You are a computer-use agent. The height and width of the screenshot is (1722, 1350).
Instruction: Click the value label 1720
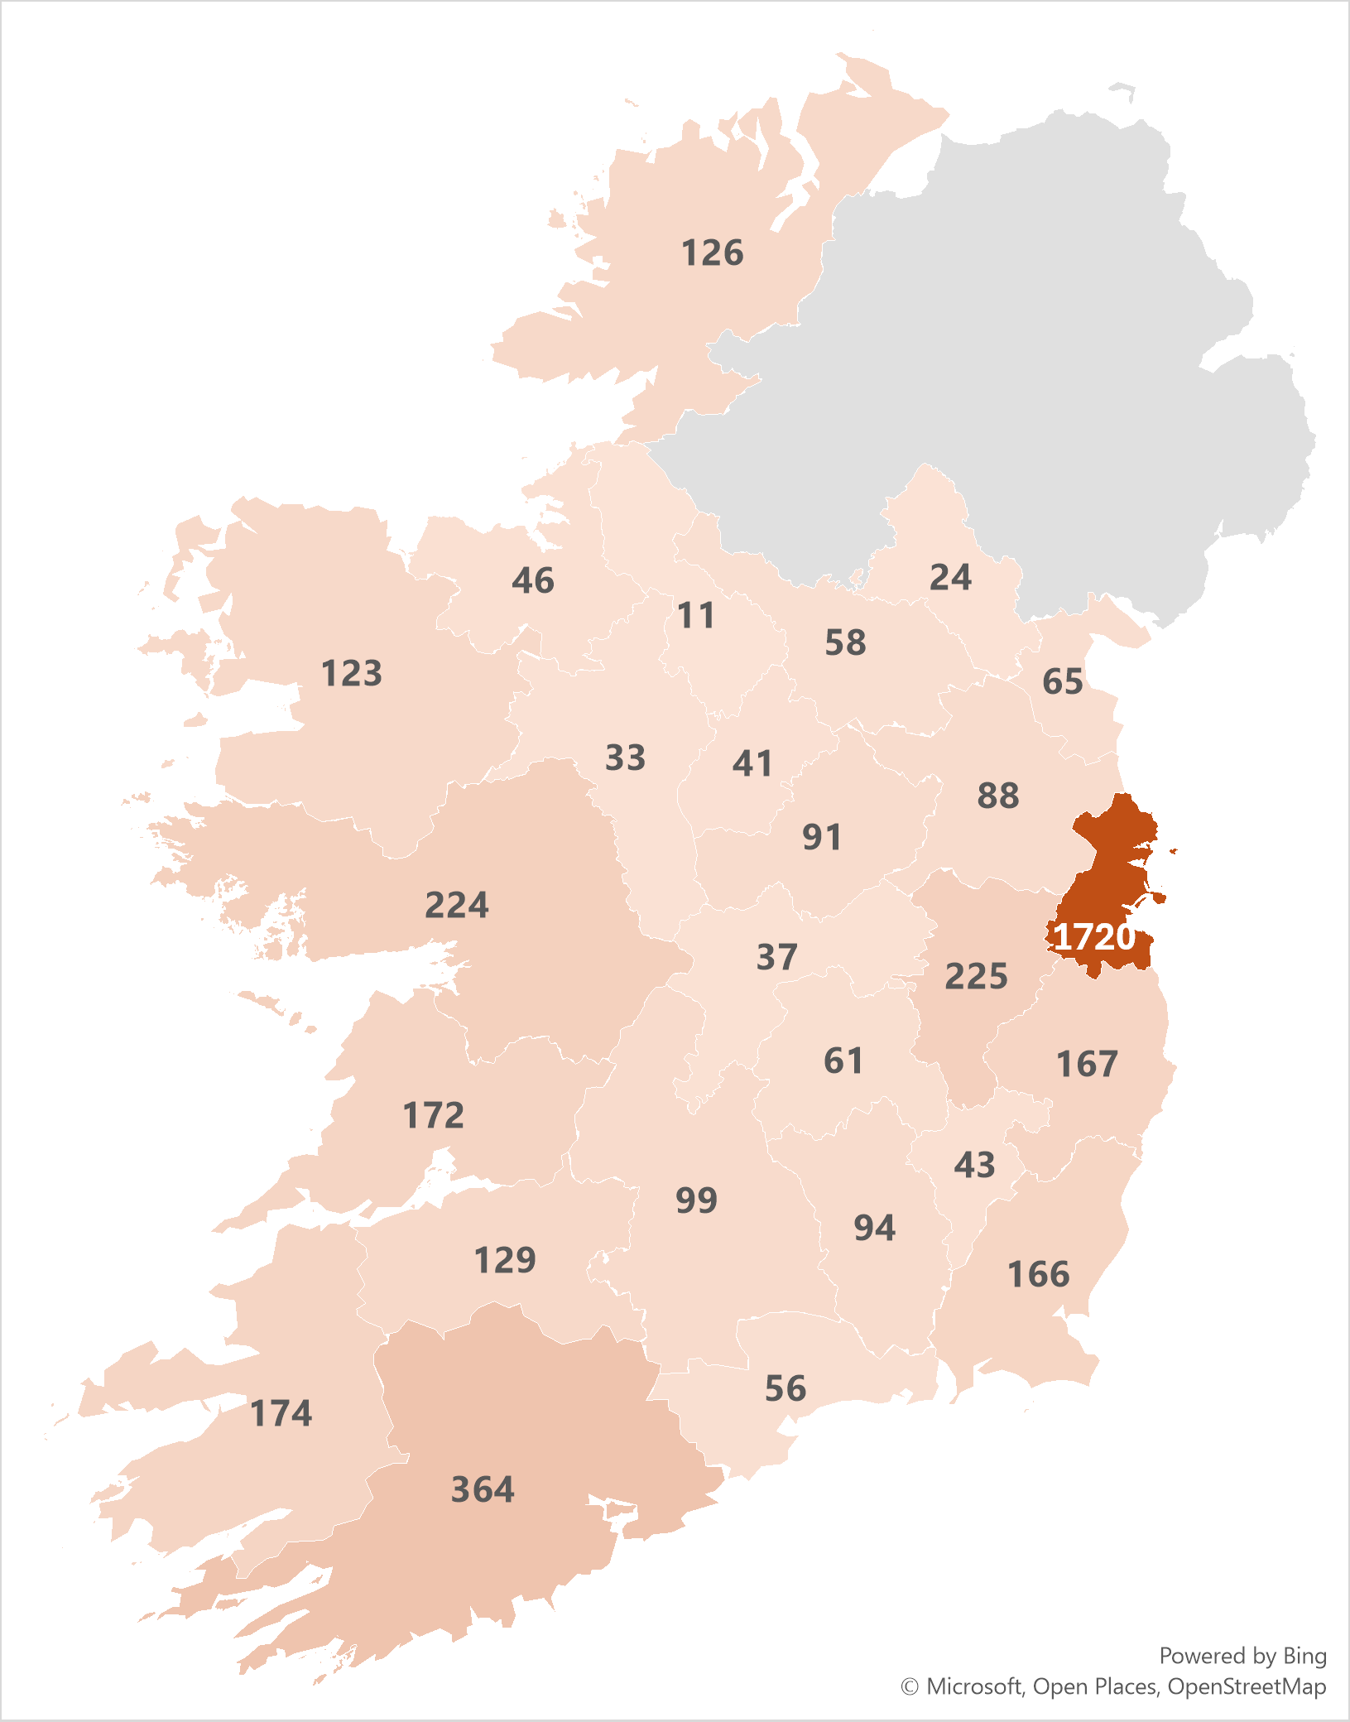coord(1094,936)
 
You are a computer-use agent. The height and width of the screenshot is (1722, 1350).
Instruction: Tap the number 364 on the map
coord(483,1489)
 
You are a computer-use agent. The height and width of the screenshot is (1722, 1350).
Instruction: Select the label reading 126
coord(712,253)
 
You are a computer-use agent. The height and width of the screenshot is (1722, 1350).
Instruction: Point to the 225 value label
coord(976,976)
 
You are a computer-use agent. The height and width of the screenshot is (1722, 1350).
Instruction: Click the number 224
coord(457,904)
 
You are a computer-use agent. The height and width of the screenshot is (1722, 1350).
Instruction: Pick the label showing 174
coord(281,1412)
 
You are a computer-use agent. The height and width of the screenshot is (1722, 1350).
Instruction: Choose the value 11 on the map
coord(695,615)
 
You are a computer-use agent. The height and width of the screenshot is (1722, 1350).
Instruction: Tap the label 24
coord(950,577)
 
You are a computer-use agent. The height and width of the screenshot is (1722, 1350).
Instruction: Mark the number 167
coord(1087,1064)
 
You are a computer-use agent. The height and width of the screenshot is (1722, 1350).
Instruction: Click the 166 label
coord(1038,1274)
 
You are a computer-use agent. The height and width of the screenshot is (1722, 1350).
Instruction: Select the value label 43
coord(974,1165)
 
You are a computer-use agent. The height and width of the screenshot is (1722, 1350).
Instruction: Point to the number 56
coord(785,1388)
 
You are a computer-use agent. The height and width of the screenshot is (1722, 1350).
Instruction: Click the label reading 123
coord(352,673)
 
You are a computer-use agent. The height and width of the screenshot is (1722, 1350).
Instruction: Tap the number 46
coord(532,580)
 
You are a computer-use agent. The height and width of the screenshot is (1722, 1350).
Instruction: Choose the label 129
coord(505,1260)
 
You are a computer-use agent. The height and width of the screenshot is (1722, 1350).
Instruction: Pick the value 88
coord(997,796)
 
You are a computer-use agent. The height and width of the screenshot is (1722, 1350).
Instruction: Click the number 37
coord(776,957)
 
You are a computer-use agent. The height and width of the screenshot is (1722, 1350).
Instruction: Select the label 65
coord(1062,681)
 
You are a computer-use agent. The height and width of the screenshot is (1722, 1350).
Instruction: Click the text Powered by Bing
coord(1242,1656)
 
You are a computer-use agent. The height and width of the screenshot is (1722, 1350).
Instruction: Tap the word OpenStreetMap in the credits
coord(1247,1686)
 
